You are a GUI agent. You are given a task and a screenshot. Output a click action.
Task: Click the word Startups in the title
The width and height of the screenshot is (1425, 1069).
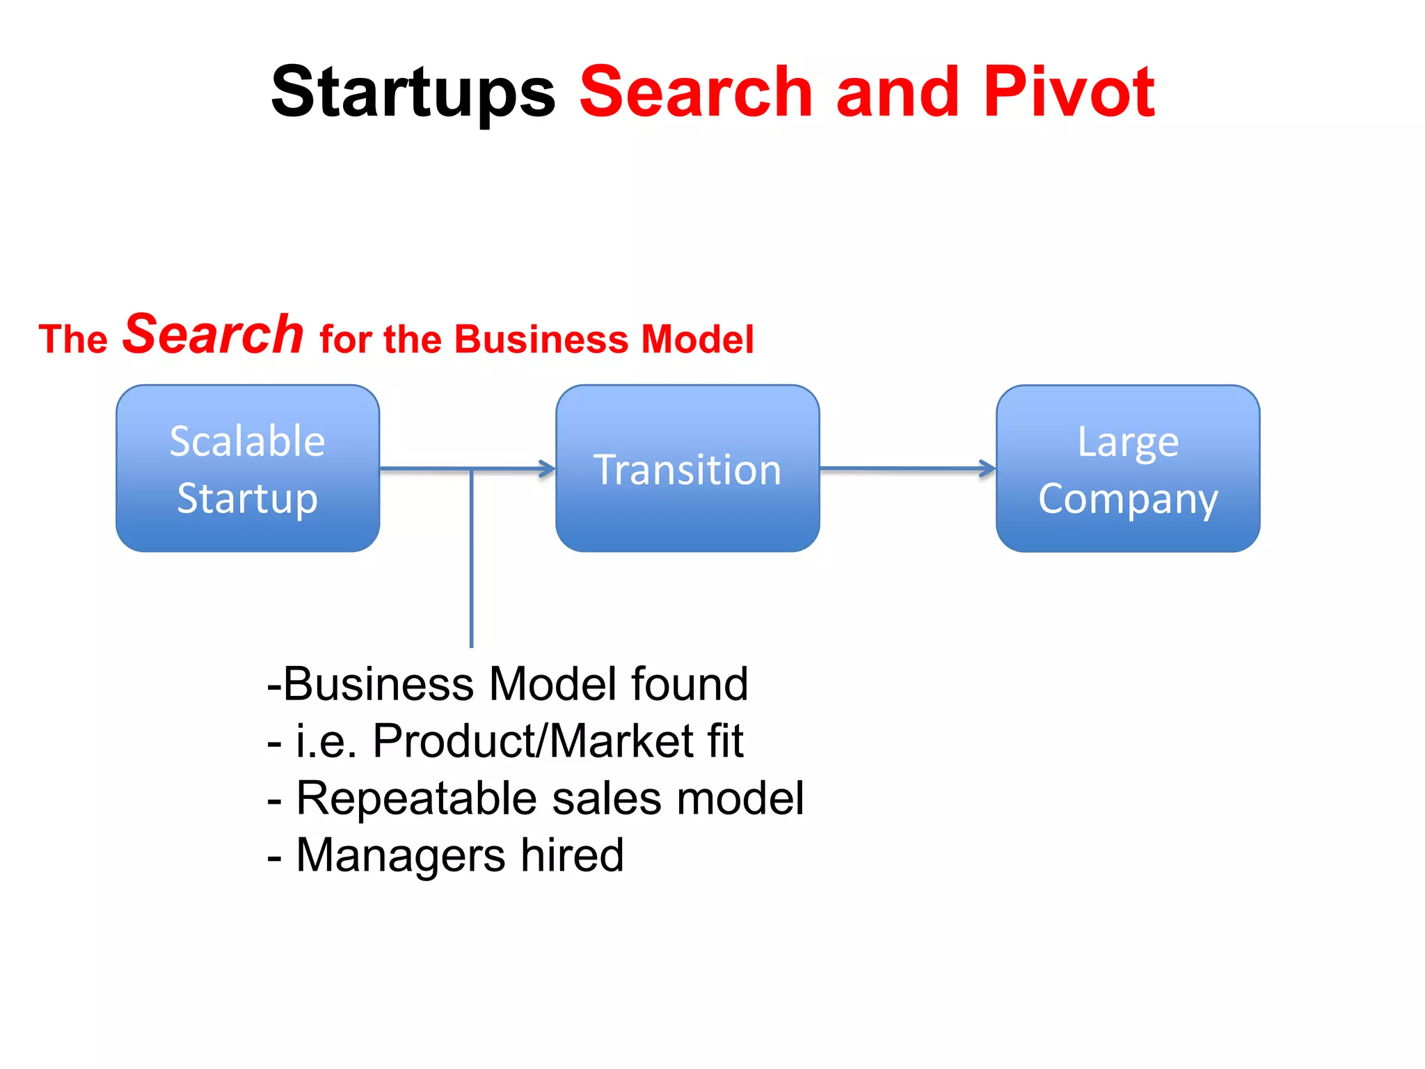click(x=413, y=93)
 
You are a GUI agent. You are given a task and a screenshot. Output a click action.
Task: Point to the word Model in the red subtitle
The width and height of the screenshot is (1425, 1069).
click(x=697, y=340)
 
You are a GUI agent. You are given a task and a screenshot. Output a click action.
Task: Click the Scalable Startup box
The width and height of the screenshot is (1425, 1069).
click(x=248, y=468)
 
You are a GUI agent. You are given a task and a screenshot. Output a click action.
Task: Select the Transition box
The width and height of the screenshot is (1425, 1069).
click(x=687, y=468)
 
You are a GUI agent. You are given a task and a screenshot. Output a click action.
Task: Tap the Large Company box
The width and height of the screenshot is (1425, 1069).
click(x=1128, y=468)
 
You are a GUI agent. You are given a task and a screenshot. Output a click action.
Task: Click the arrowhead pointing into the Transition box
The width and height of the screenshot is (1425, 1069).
click(x=548, y=469)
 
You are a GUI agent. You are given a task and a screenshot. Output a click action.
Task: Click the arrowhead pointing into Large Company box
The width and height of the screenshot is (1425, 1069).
click(x=987, y=468)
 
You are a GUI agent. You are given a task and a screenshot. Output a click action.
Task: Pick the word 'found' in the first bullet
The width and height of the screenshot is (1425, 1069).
click(x=689, y=684)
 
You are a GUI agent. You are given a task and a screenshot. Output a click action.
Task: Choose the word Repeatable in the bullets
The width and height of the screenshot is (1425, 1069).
click(x=416, y=798)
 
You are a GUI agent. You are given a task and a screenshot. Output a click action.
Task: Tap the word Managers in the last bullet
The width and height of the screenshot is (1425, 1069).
click(x=401, y=855)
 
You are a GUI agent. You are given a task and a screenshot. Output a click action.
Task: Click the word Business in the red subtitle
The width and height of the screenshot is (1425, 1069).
click(x=543, y=340)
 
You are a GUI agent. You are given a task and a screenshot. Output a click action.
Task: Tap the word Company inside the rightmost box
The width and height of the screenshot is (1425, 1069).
click(x=1128, y=499)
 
